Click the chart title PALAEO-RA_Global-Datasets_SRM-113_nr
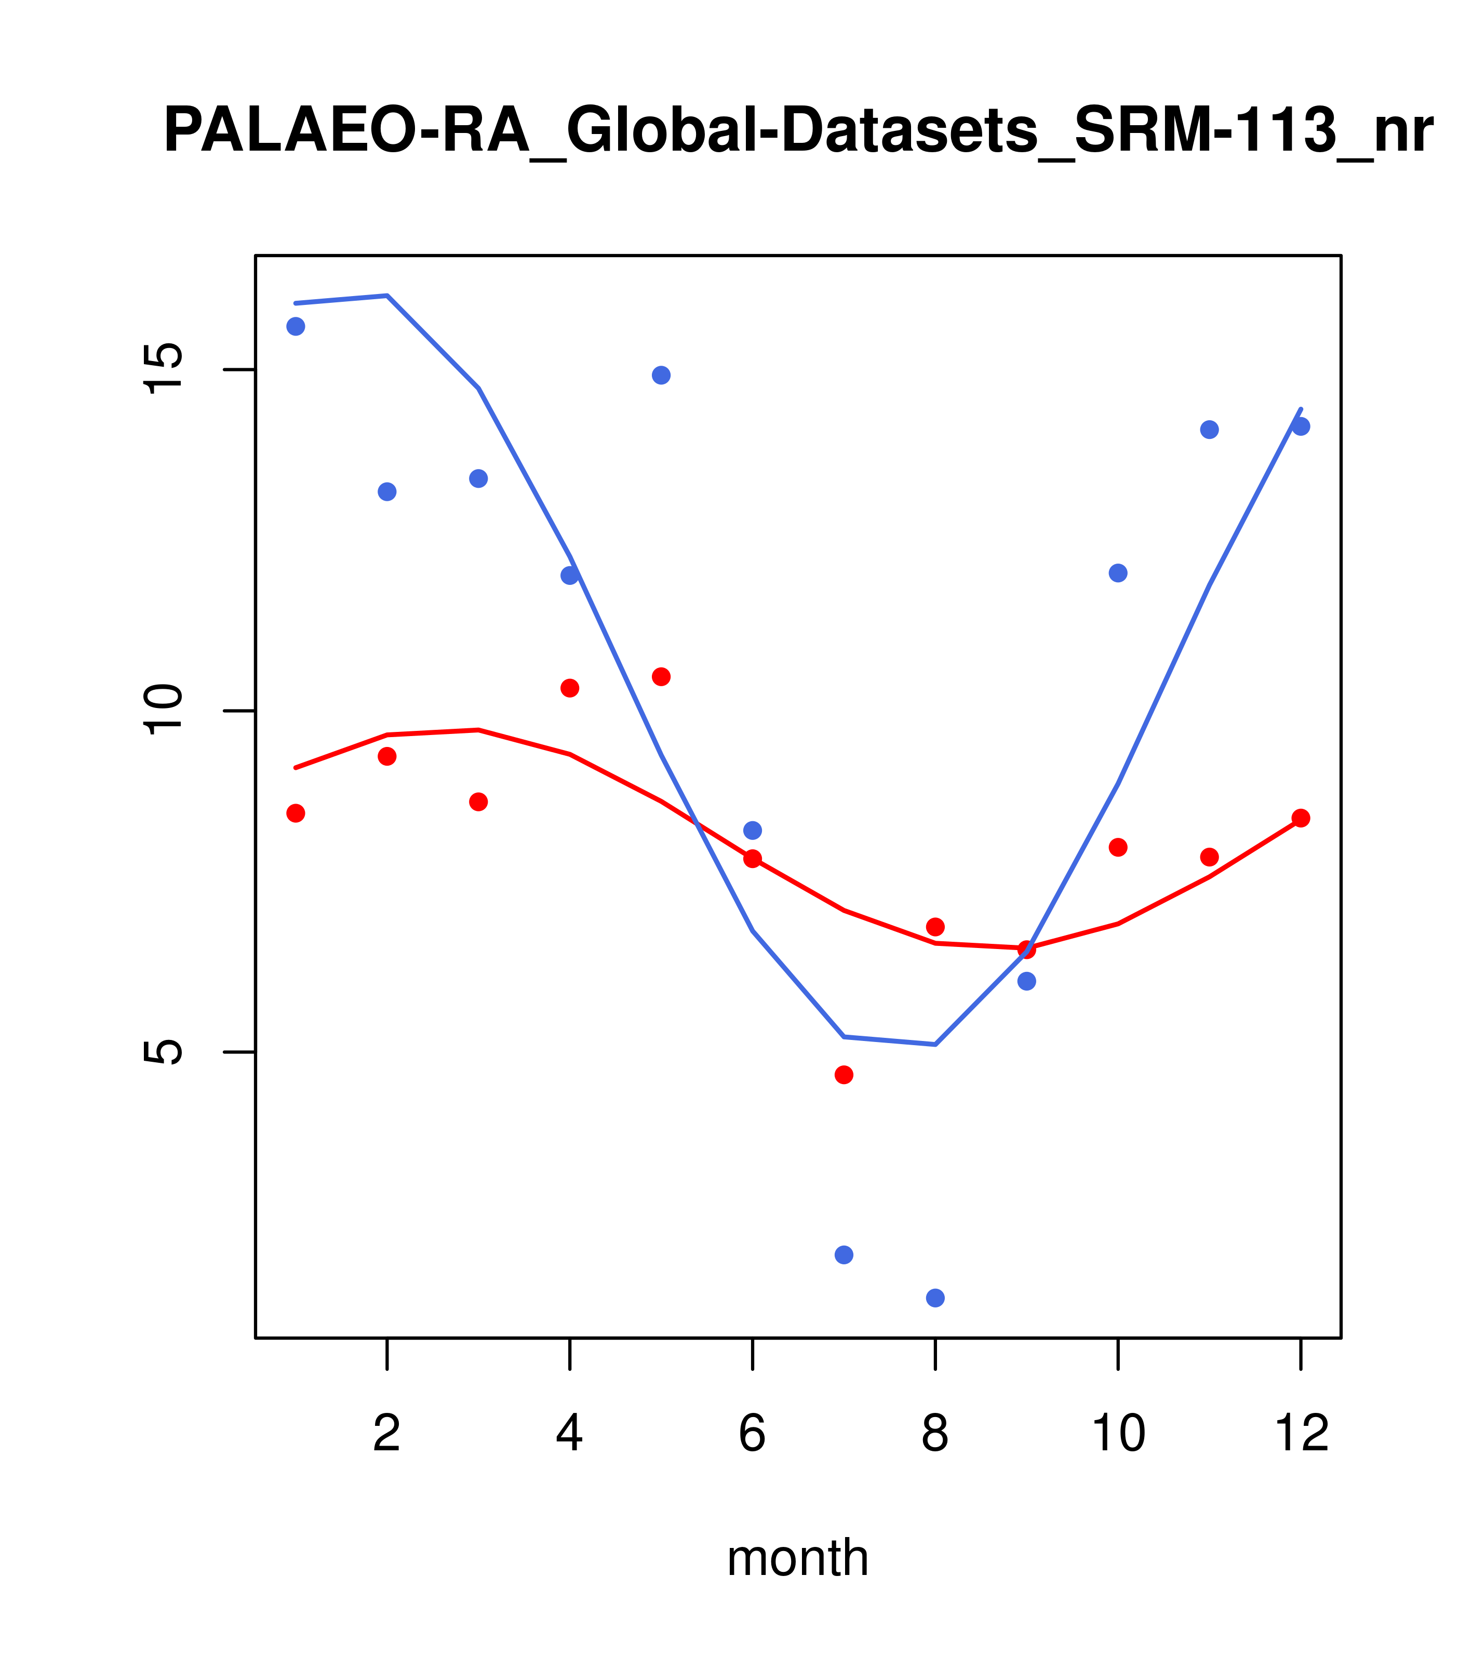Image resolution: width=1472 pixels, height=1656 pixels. (x=798, y=131)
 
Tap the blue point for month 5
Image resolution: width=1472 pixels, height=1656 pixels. (x=661, y=375)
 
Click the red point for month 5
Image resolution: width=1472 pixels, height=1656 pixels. (x=661, y=676)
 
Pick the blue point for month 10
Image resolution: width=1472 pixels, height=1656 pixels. (x=1118, y=573)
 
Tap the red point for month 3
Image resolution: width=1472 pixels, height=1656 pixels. (x=479, y=802)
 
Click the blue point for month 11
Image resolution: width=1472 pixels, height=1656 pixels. (x=1210, y=430)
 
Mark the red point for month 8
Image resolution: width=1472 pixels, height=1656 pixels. (x=935, y=926)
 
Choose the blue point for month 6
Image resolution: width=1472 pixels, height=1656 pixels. (x=753, y=831)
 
